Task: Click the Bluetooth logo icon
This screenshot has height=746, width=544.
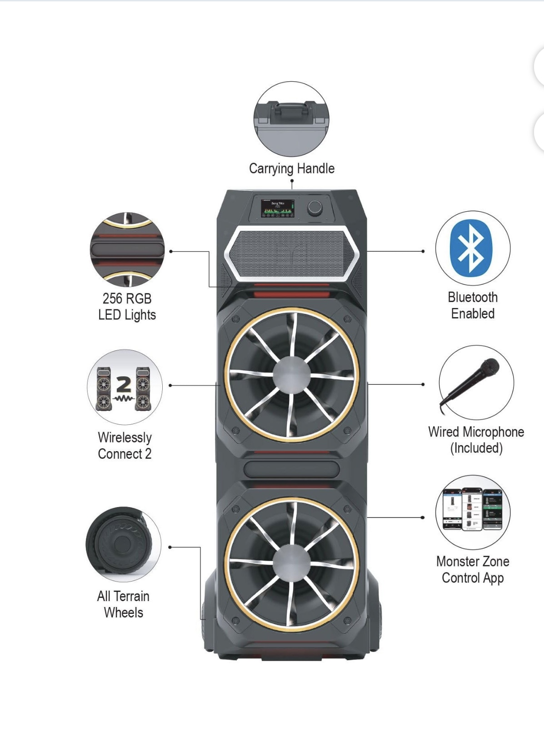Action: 471,248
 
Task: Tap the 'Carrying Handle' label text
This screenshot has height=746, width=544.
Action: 291,169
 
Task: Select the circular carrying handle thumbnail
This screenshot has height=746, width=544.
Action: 291,119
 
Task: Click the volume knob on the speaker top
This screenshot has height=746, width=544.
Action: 314,208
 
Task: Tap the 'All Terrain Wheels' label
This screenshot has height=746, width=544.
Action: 123,604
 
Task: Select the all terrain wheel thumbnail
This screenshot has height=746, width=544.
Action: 122,544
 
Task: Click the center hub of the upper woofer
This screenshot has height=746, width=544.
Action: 291,375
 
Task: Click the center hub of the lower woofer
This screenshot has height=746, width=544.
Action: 291,563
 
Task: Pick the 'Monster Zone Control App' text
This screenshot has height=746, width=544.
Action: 473,570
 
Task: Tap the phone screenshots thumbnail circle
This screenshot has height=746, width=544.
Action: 473,512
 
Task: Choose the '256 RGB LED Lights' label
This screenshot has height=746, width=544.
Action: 127,307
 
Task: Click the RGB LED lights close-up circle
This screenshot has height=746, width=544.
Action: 127,249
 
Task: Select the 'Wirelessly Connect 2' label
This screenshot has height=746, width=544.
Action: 125,446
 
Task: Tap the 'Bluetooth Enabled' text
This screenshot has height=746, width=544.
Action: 473,305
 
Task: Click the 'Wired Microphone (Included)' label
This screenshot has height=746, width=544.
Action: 476,440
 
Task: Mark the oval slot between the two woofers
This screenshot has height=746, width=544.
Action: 291,469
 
